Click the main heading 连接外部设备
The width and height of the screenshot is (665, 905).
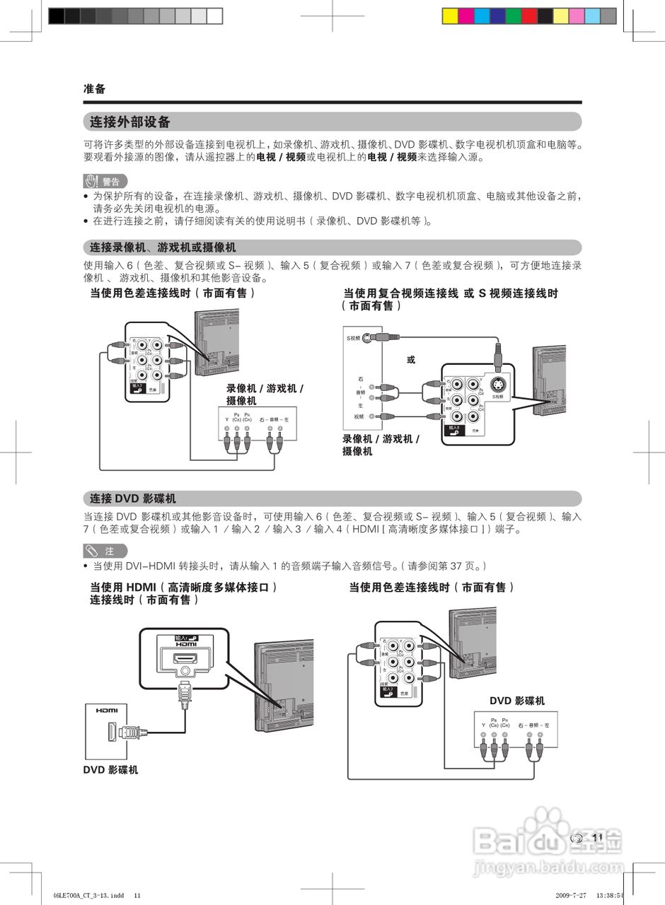[130, 122]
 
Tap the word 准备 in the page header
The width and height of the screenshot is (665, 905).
[94, 89]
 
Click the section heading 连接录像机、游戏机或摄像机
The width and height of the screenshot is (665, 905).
[163, 247]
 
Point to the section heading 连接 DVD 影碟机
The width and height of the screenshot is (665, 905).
[133, 498]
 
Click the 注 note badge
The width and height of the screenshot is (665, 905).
[105, 550]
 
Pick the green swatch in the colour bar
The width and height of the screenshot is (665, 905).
[514, 16]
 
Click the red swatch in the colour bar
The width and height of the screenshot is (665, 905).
[530, 16]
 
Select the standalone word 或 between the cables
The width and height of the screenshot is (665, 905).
[411, 360]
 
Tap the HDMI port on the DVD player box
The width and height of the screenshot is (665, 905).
[112, 732]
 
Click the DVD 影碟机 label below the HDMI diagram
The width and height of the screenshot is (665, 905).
[111, 770]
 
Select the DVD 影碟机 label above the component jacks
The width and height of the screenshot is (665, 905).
[517, 701]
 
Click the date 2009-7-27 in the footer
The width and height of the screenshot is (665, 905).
[571, 894]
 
